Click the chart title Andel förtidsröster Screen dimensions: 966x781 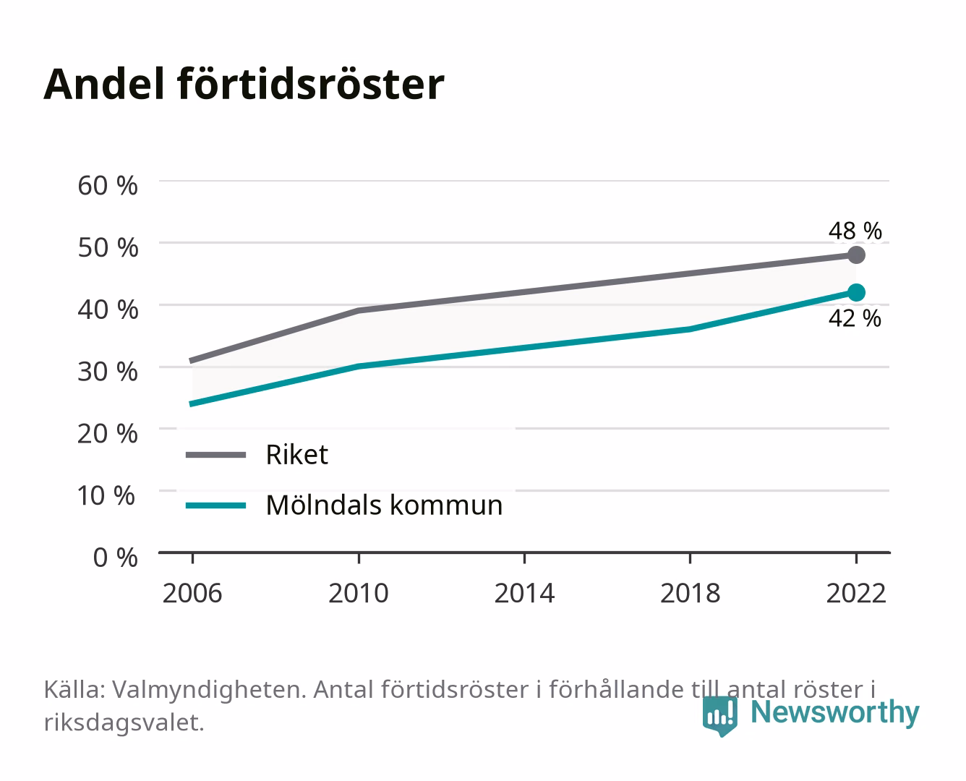point(244,85)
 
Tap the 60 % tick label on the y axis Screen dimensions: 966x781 point(108,186)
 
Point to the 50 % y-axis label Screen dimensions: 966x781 point(108,247)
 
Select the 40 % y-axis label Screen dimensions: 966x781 point(108,310)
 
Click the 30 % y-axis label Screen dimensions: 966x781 point(108,372)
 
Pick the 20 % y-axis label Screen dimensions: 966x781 point(108,434)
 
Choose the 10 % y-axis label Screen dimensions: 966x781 point(106,495)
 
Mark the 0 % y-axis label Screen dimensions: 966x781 point(115,558)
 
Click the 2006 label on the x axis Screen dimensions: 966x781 point(192,593)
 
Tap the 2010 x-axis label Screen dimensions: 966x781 point(359,593)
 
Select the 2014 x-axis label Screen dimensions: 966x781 point(524,593)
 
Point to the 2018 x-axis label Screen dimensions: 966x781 point(691,593)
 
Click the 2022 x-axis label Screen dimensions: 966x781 point(856,593)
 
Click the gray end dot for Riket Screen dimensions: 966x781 point(856,255)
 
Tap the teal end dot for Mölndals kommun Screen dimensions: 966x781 point(856,293)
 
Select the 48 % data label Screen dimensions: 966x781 point(855,231)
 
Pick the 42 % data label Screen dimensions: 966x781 point(855,318)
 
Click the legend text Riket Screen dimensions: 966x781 point(296,454)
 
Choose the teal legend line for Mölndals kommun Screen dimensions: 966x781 point(216,505)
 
